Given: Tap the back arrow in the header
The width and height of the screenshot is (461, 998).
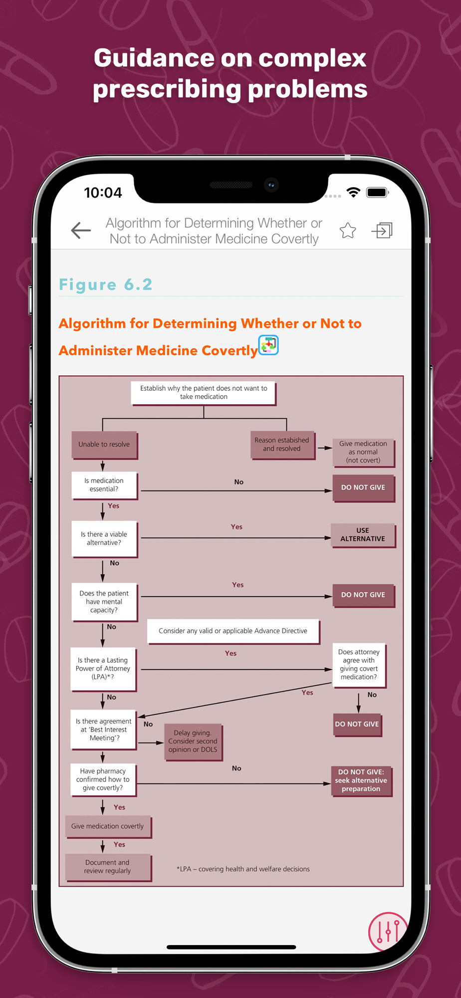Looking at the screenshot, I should pos(81,230).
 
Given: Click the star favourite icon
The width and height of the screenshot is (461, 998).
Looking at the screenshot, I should pos(348,231).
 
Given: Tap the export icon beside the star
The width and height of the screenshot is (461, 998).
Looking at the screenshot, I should pos(382,230).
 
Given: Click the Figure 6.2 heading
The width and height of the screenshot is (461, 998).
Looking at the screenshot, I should pos(105,284).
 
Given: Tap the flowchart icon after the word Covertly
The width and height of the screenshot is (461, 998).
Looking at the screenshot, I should pos(268,345).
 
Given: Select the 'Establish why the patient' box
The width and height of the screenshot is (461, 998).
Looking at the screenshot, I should pos(204,393).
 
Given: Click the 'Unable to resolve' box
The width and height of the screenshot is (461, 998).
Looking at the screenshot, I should pos(104,445).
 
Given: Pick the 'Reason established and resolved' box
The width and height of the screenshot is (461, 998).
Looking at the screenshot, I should pos(282,445).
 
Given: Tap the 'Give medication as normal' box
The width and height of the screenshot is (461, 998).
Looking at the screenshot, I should pos(363,452).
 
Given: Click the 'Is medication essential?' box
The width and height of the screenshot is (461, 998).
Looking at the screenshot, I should pos(104,485).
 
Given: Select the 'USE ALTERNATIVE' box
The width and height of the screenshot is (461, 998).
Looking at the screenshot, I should pos(363,535).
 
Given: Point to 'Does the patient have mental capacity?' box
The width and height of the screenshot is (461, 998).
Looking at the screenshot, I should pos(104,602).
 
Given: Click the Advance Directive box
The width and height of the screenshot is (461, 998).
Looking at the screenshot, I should pos(233,631).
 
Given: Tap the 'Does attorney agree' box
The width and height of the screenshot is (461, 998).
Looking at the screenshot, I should pos(359,665).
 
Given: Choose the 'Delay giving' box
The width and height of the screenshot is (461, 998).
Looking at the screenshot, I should pos(193,742).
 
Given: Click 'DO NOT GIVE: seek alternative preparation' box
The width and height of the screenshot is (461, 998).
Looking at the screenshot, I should pos(361,780).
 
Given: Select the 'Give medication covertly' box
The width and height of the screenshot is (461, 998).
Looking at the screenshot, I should pos(108,826).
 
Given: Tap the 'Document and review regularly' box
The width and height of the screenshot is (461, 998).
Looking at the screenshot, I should pos(108,867).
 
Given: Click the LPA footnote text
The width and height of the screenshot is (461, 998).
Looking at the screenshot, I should pos(243,869).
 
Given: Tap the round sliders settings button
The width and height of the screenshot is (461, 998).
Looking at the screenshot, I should pos(388,931).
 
